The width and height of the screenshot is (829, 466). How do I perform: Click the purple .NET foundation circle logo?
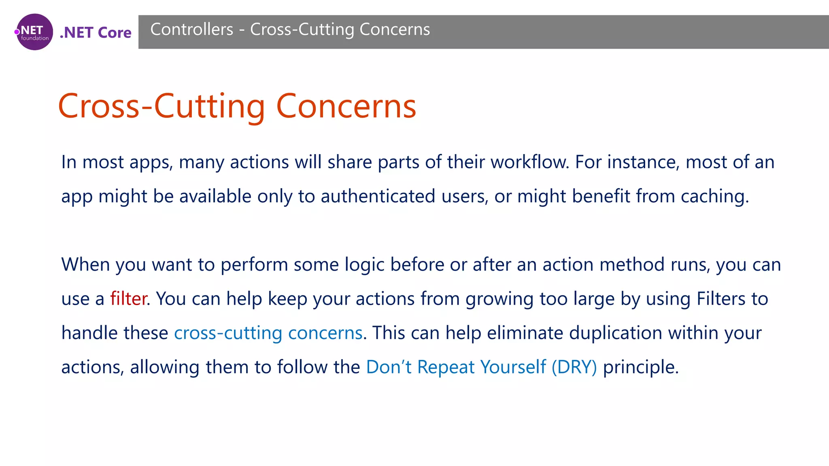pyautogui.click(x=34, y=32)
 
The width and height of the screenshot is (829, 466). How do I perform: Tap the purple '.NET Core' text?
pyautogui.click(x=96, y=33)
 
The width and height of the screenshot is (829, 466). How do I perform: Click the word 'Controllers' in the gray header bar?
pyautogui.click(x=192, y=30)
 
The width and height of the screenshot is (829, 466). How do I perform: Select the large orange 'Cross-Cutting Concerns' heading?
pyautogui.click(x=237, y=106)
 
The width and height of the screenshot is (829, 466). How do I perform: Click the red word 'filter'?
pyautogui.click(x=128, y=299)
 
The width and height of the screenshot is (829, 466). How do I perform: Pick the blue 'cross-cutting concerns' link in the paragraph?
pyautogui.click(x=268, y=333)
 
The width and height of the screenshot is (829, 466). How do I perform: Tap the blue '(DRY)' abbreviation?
pyautogui.click(x=574, y=367)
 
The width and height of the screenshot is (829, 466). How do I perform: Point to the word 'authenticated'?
pyautogui.click(x=378, y=196)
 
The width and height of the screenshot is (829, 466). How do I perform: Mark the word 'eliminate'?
pyautogui.click(x=525, y=333)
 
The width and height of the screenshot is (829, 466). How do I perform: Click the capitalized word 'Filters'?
pyautogui.click(x=721, y=299)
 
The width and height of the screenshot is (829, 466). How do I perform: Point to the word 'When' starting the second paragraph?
pyautogui.click(x=85, y=265)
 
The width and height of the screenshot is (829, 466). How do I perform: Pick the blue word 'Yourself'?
pyautogui.click(x=513, y=367)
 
